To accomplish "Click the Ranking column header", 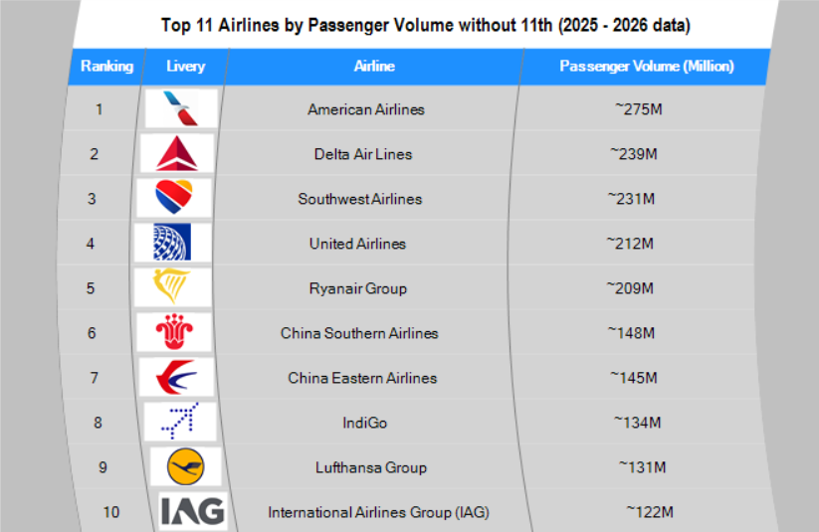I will pyautogui.click(x=106, y=67).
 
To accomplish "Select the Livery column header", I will pyautogui.click(x=185, y=67).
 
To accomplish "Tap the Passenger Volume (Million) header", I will pyautogui.click(x=646, y=67).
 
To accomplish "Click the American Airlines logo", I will pyautogui.click(x=180, y=108).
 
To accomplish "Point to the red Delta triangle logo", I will pyautogui.click(x=178, y=153).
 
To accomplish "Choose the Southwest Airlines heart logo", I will pyautogui.click(x=179, y=198).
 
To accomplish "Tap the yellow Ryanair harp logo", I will pyautogui.click(x=172, y=287).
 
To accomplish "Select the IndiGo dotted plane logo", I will pyautogui.click(x=179, y=422).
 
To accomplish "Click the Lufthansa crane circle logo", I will pyautogui.click(x=186, y=466).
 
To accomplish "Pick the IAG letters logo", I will pyautogui.click(x=193, y=511).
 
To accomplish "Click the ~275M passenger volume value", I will pyautogui.click(x=638, y=109).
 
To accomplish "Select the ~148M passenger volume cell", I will pyautogui.click(x=633, y=333).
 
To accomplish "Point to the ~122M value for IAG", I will pyautogui.click(x=650, y=512).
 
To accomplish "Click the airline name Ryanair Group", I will pyautogui.click(x=357, y=288).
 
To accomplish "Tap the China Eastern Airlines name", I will pyautogui.click(x=362, y=378).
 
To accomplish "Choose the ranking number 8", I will pyautogui.click(x=98, y=423).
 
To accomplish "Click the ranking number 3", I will pyautogui.click(x=92, y=199).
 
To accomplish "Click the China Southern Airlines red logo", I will pyautogui.click(x=176, y=332).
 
